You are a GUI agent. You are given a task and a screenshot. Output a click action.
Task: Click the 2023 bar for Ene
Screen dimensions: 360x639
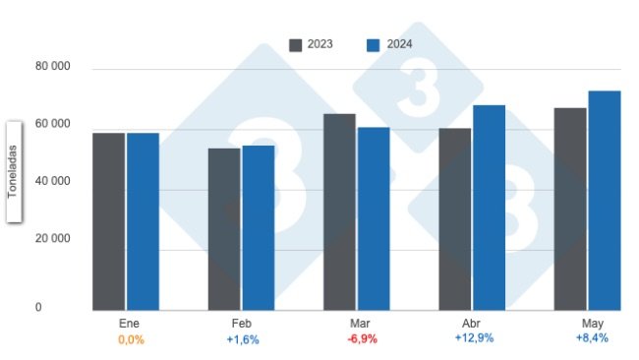(108, 221)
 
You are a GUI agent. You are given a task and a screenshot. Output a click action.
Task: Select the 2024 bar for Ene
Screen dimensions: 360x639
(143, 221)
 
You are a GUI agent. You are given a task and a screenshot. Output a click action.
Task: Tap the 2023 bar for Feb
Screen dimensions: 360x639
(223, 229)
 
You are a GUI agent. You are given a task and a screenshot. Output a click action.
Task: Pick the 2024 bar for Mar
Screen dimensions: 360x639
(374, 218)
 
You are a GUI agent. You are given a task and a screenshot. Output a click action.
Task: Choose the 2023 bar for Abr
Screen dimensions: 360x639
(454, 219)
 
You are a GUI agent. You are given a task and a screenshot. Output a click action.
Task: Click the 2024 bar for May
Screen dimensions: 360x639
(604, 201)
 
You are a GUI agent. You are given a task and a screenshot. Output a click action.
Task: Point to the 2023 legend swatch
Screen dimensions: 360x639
(295, 44)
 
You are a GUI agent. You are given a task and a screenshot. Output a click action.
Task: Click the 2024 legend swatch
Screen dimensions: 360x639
(373, 44)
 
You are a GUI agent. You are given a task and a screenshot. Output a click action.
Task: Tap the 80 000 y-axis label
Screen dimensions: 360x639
(53, 67)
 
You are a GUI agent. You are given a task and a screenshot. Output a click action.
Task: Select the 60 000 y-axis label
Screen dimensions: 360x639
(53, 124)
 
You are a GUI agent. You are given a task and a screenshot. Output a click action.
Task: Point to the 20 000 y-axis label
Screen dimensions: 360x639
(53, 238)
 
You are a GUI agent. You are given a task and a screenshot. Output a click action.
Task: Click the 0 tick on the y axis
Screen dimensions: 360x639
(39, 307)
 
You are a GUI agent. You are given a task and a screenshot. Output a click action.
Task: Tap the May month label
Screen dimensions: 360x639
(591, 323)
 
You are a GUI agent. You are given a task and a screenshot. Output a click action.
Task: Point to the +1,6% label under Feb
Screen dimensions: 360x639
(243, 338)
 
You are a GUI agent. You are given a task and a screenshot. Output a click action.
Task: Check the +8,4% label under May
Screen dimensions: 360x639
(591, 337)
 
